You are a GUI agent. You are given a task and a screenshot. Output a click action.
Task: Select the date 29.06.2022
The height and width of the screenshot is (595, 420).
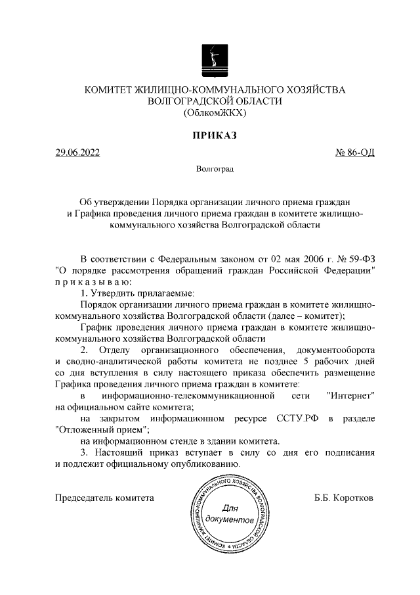(x=78, y=154)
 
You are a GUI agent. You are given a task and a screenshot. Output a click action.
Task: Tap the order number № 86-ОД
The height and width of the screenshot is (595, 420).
(x=355, y=154)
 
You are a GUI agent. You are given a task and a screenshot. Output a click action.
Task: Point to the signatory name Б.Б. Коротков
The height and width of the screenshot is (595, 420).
(x=344, y=498)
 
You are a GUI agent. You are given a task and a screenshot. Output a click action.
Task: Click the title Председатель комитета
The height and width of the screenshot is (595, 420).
(x=105, y=498)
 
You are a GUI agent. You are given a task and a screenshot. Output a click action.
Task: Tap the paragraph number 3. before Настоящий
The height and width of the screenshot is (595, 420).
(x=84, y=454)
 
